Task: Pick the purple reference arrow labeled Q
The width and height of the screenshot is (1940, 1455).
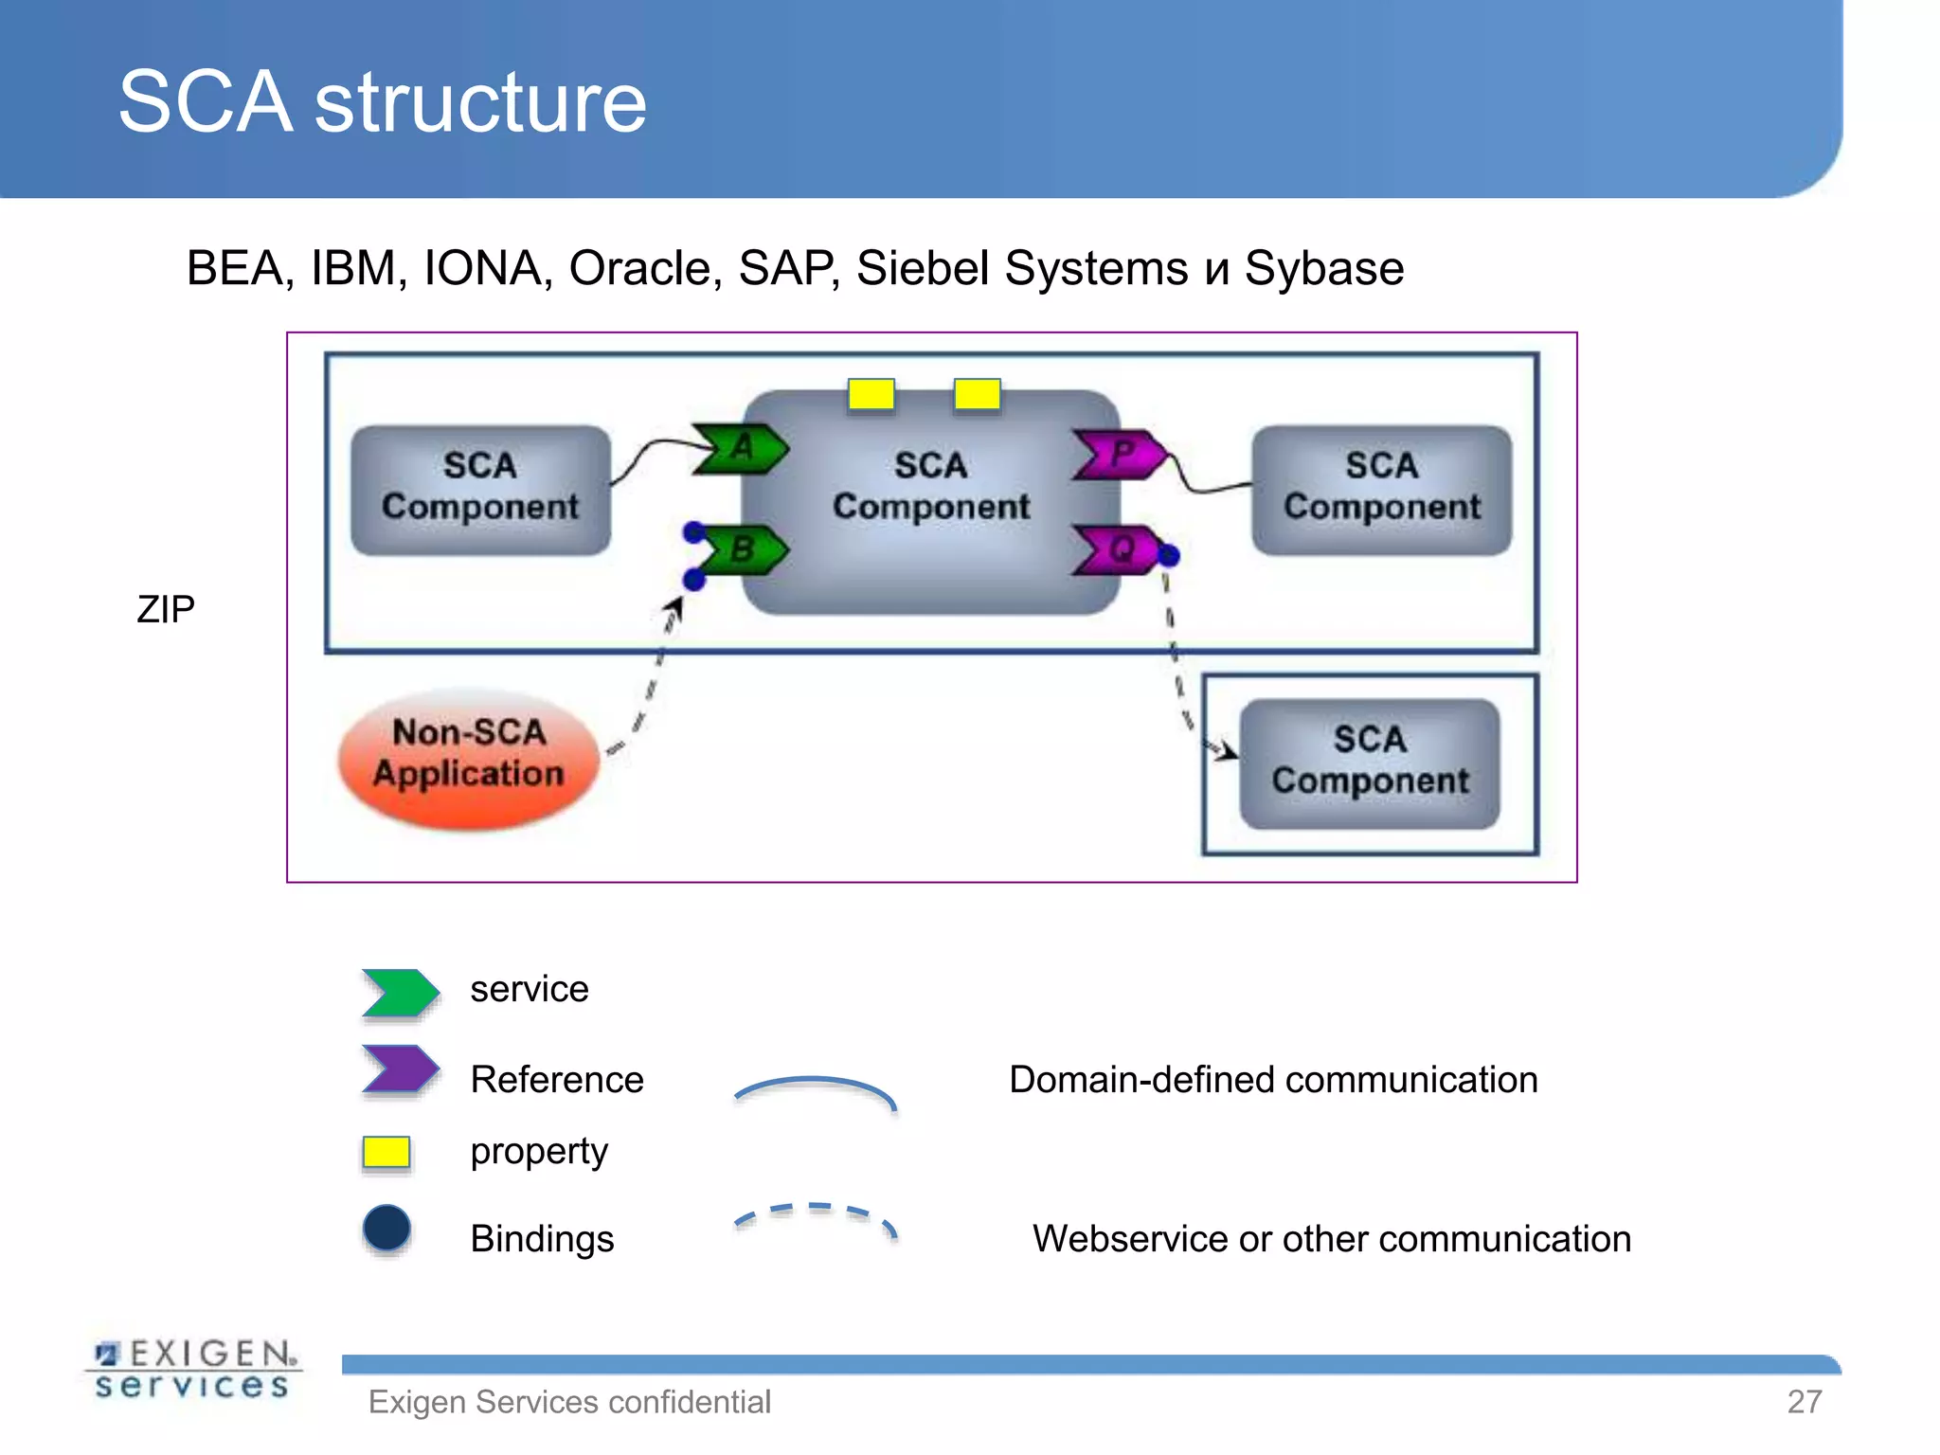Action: point(1118,549)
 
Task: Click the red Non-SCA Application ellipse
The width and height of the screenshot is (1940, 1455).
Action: point(469,757)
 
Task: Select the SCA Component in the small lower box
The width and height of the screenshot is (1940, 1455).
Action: point(1370,763)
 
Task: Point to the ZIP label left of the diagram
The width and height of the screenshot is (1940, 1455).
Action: point(166,609)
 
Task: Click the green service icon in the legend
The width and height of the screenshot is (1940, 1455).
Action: point(400,992)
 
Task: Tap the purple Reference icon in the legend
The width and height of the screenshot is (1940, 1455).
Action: point(400,1069)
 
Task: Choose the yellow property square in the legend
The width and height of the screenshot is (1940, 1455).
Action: point(386,1152)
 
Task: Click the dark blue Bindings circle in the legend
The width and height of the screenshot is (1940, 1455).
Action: point(386,1229)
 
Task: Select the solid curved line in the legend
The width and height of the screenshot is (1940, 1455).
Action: point(815,1084)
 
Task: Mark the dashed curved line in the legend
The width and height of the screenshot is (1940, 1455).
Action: point(815,1212)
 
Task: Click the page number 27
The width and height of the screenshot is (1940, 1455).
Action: point(1804,1401)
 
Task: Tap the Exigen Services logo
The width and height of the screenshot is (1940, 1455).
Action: point(194,1369)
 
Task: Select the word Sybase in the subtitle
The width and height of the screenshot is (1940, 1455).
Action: point(1323,268)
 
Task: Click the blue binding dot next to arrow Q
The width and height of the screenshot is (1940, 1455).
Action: point(1169,555)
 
